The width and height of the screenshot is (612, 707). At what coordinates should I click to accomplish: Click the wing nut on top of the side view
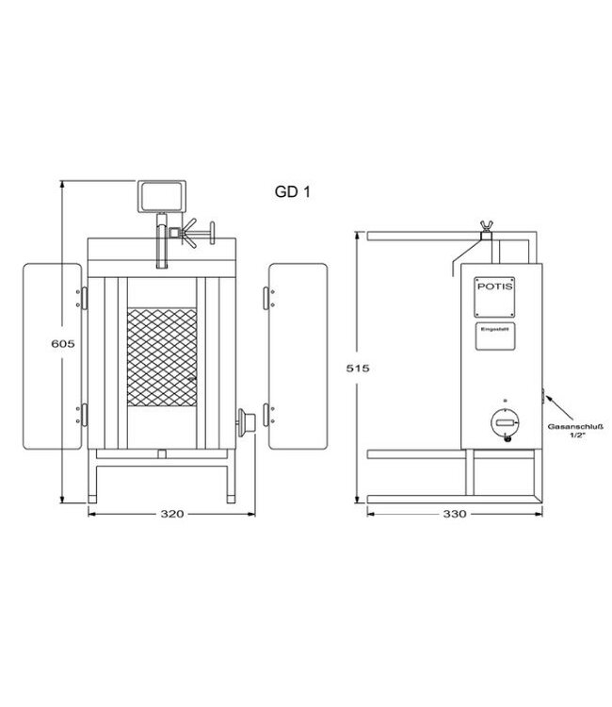(x=487, y=222)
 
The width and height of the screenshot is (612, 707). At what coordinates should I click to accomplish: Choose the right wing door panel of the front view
(x=298, y=355)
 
